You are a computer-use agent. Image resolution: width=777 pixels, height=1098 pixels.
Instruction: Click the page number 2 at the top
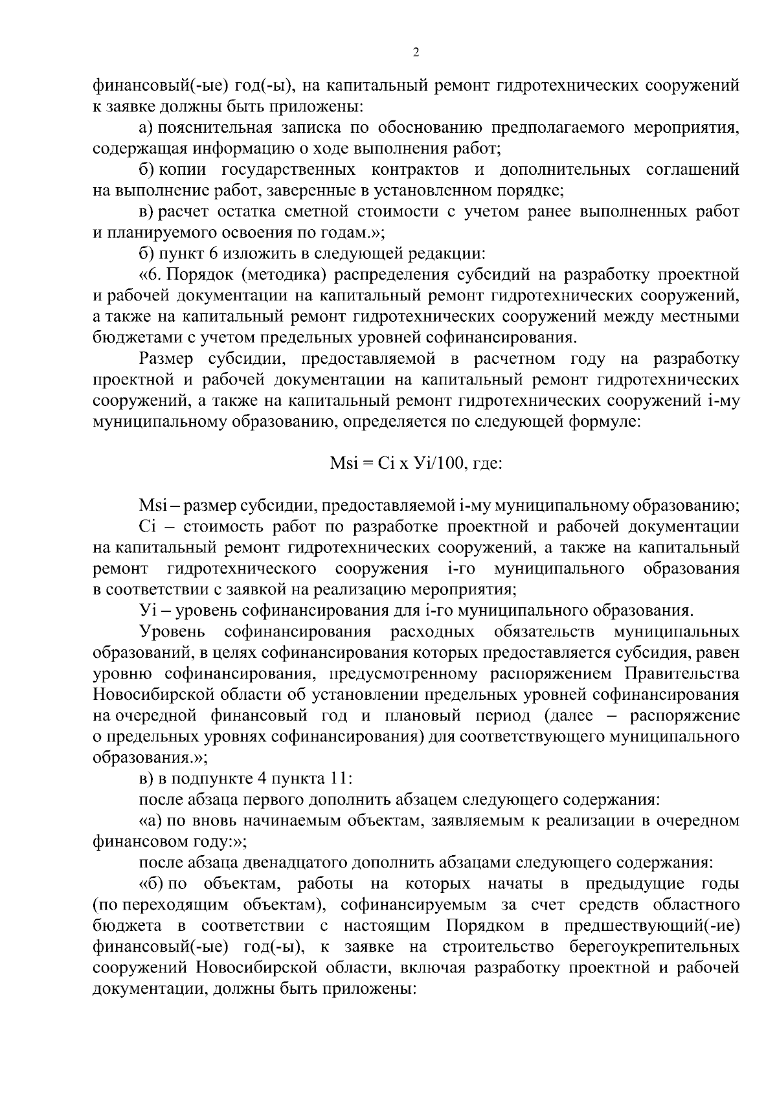416,52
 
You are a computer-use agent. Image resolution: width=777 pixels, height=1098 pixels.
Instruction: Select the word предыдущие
632,884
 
